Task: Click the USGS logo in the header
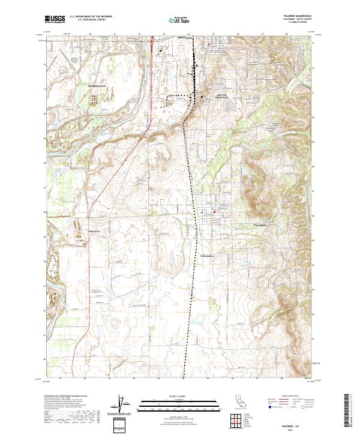(x=55, y=19)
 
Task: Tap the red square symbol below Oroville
(x=208, y=44)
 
